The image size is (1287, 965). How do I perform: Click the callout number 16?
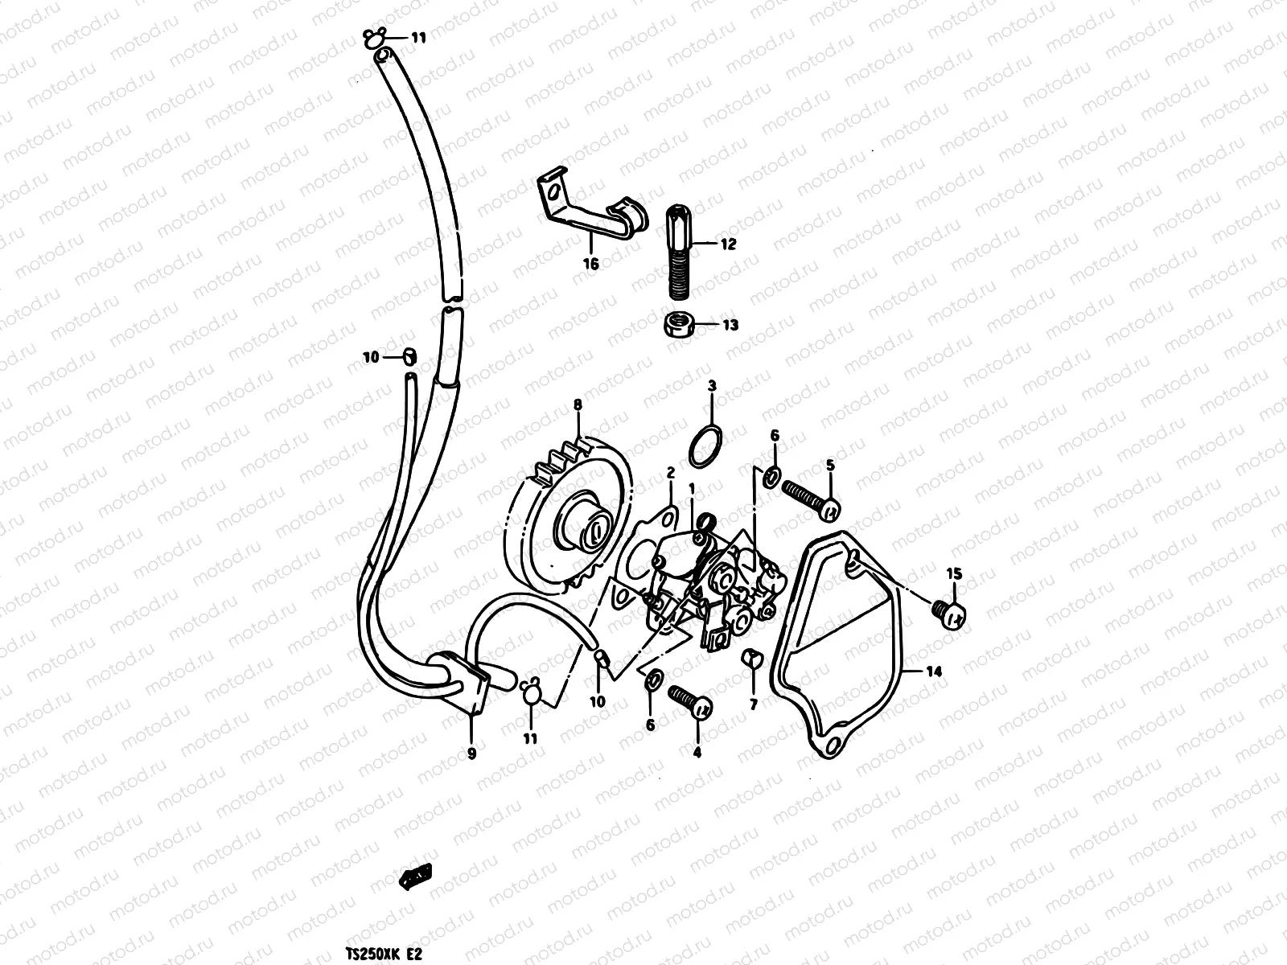pyautogui.click(x=591, y=264)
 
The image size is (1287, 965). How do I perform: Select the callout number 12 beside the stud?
pyautogui.click(x=727, y=245)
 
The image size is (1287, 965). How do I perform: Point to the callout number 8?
pyautogui.click(x=577, y=406)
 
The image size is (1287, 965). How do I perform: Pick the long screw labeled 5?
pyautogui.click(x=808, y=497)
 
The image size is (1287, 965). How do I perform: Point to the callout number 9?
pyautogui.click(x=471, y=754)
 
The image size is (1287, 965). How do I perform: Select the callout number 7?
pyautogui.click(x=754, y=705)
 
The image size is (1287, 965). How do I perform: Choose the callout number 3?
pyautogui.click(x=711, y=387)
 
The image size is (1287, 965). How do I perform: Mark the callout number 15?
pyautogui.click(x=954, y=573)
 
